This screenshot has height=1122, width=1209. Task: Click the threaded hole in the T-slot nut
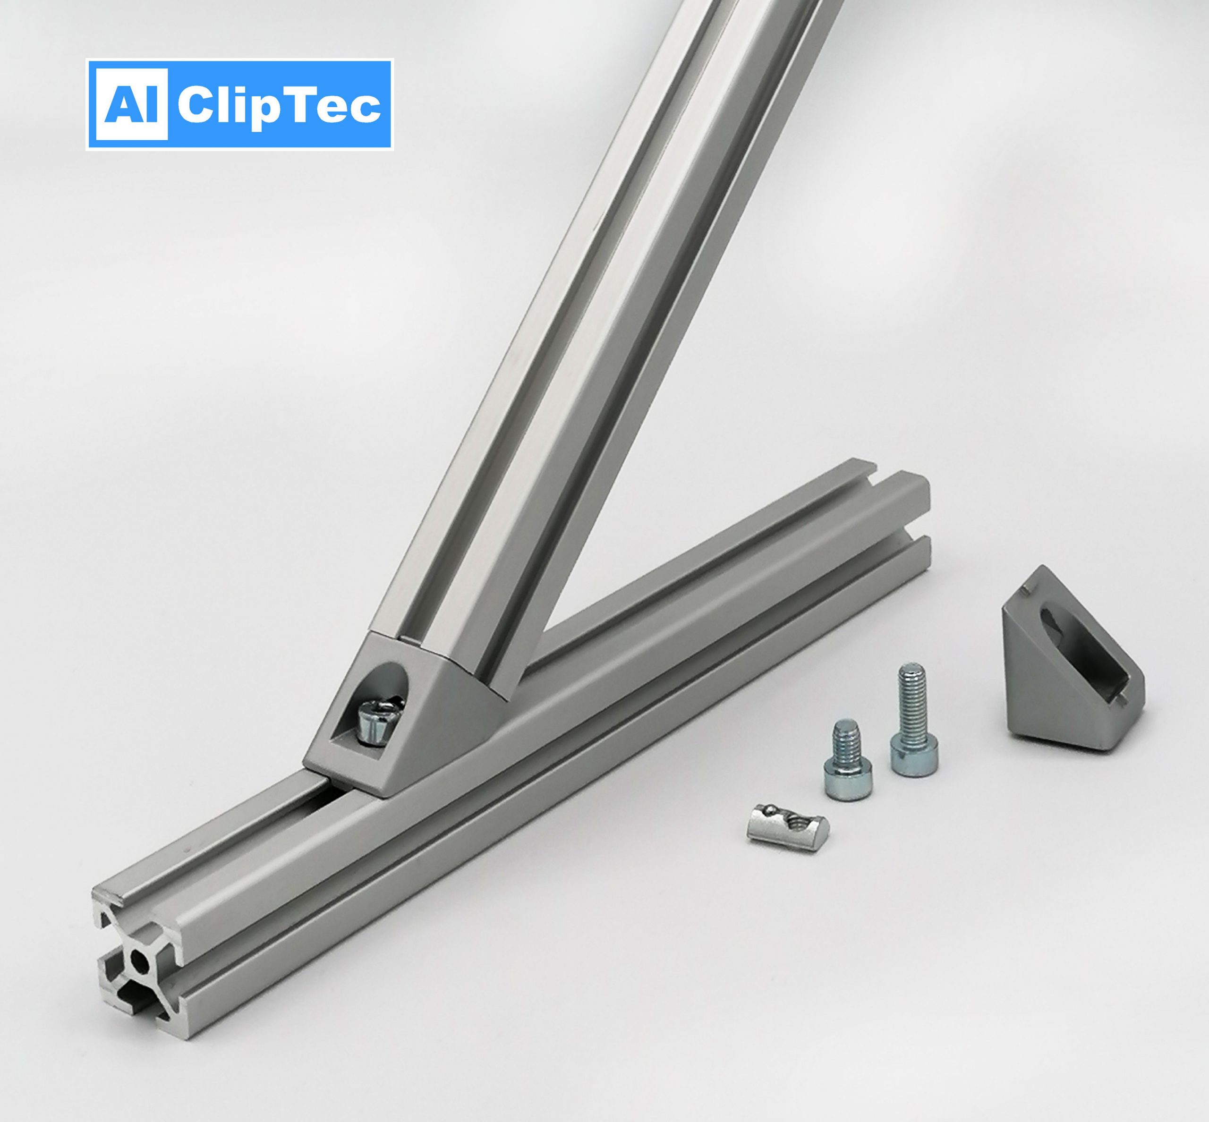pos(800,822)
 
